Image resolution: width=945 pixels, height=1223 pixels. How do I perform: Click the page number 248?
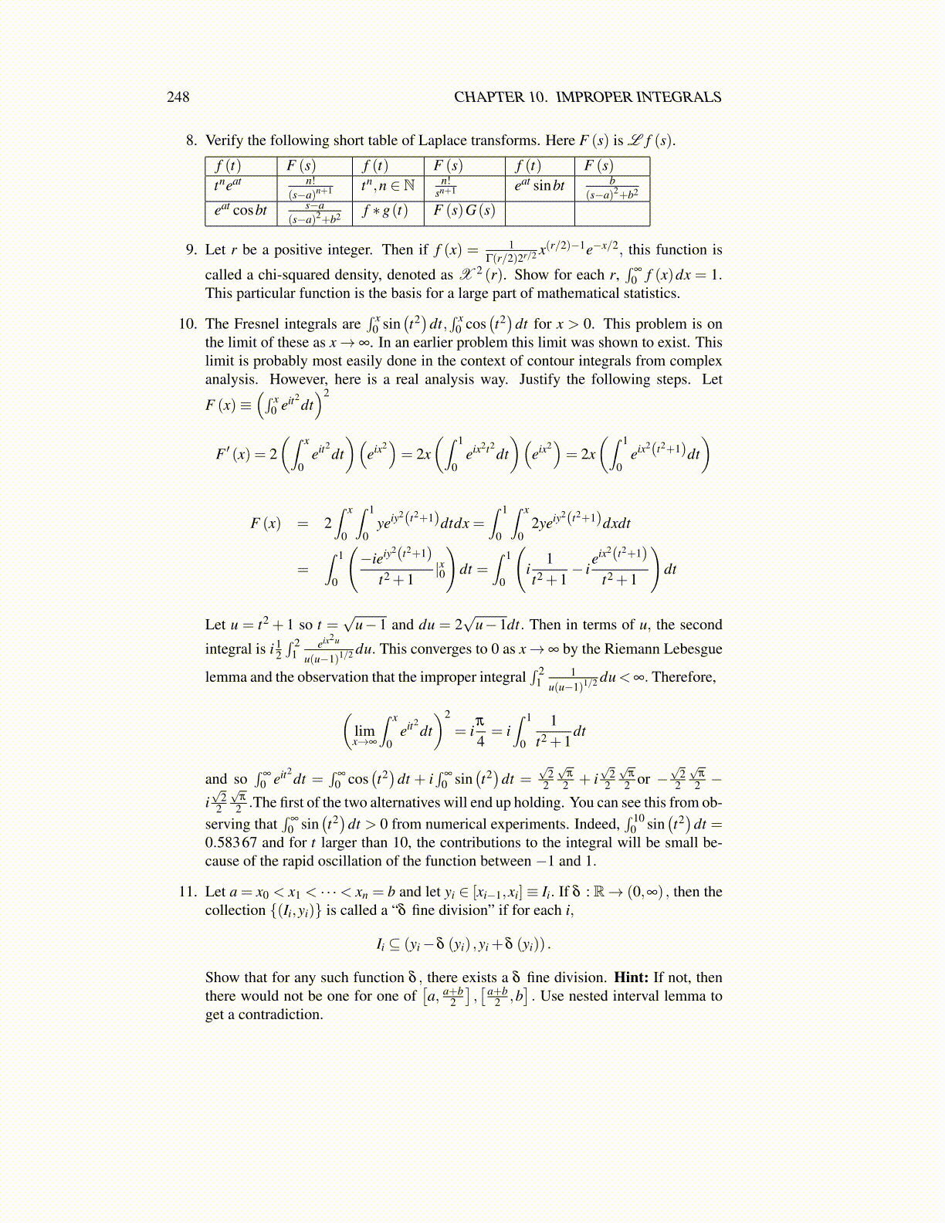(178, 97)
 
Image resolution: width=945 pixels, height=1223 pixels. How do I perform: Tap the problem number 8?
(191, 141)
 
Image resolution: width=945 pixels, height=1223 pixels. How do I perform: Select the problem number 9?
(191, 249)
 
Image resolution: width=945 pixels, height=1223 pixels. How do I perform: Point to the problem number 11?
(188, 892)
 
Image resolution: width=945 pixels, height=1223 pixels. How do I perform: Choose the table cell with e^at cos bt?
(240, 211)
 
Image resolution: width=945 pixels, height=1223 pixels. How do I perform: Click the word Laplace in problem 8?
(442, 141)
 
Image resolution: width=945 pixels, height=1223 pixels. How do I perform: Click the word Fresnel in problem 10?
(257, 324)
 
